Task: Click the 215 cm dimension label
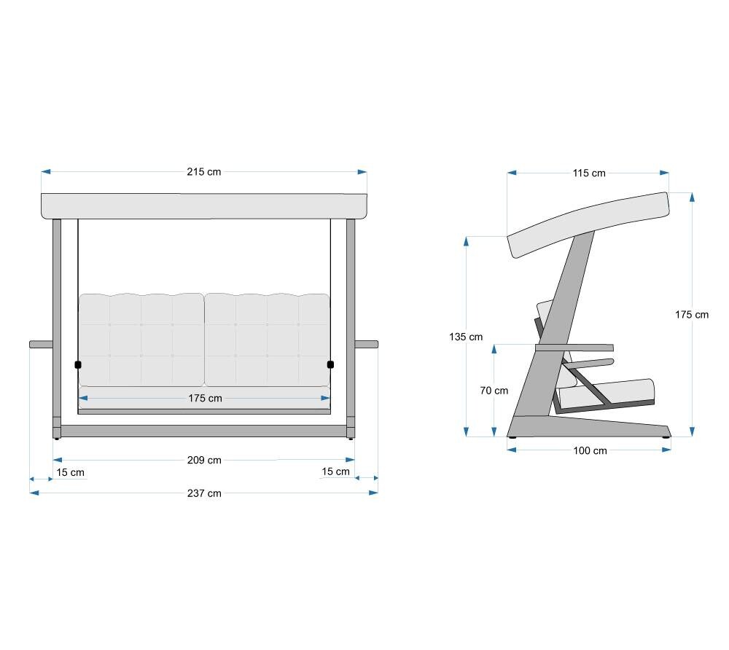[203, 172]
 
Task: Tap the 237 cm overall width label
[204, 493]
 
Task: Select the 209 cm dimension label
[204, 461]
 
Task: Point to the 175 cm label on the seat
[205, 398]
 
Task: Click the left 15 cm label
[70, 472]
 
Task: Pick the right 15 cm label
[335, 471]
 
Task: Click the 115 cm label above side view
[589, 173]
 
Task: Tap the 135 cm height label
[466, 337]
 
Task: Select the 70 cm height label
[494, 391]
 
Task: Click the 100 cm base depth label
[590, 450]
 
